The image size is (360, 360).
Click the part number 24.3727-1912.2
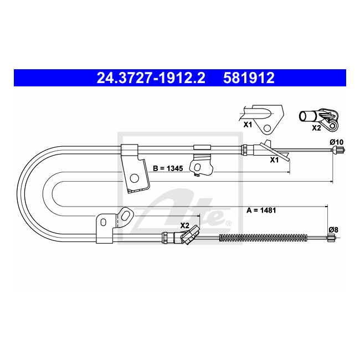point(151,78)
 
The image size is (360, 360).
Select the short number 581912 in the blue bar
point(249,78)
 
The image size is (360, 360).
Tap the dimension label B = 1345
point(168,168)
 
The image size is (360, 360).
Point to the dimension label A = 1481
point(261,210)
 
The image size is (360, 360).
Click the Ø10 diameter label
point(336,142)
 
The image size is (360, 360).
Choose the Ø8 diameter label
point(333,230)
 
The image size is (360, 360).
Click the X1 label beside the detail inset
point(248,125)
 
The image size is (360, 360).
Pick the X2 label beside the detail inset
point(316,128)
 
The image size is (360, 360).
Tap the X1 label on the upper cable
point(274,160)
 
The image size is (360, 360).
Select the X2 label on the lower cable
point(184,225)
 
